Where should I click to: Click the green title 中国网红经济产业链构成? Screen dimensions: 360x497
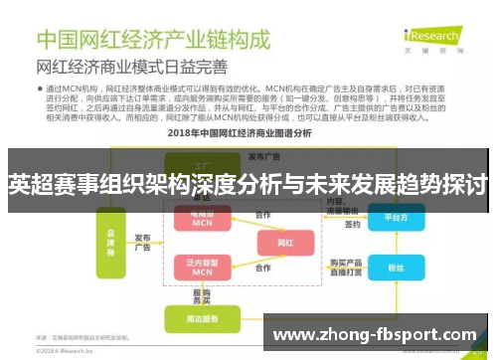click(x=153, y=40)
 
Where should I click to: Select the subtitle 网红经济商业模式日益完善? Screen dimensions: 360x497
click(x=131, y=68)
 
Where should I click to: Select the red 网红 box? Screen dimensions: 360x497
click(x=285, y=242)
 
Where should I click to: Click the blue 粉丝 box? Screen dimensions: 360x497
click(x=395, y=268)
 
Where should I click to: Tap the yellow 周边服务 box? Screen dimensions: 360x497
click(x=203, y=318)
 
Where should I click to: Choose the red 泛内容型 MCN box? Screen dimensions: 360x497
click(x=203, y=266)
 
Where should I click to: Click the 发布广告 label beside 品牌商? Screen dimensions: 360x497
click(x=143, y=243)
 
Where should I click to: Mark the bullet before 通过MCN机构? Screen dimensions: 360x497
click(x=41, y=89)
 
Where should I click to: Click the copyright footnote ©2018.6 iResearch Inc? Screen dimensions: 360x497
click(x=71, y=351)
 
